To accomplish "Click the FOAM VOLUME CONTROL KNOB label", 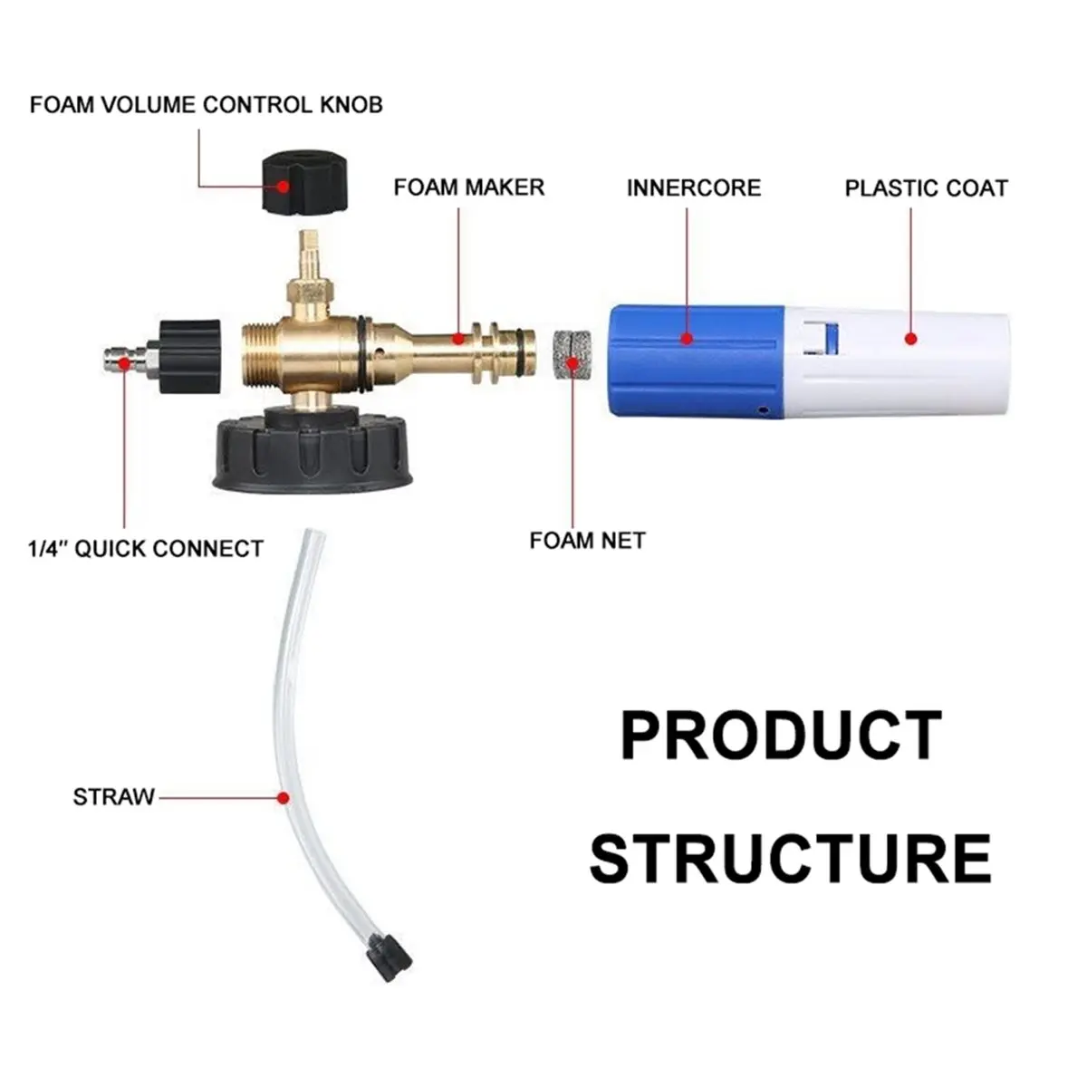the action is coord(206,105).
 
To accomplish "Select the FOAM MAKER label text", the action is coord(468,188).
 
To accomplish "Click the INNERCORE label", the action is coord(694,188).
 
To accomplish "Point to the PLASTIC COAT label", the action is coord(927,188).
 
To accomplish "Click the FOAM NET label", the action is coord(587,541).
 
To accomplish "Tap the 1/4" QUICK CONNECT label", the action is coord(146,548).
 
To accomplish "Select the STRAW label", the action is coord(113,797).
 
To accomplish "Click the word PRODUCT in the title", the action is coord(782,735).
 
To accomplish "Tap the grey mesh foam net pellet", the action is coord(572,355).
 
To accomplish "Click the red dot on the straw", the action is coord(284,798).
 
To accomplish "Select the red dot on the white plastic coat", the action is coord(910,339).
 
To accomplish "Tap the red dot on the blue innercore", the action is coord(687,339).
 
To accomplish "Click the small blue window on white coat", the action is coord(831,337).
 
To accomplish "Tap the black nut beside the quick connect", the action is coord(189,357).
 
